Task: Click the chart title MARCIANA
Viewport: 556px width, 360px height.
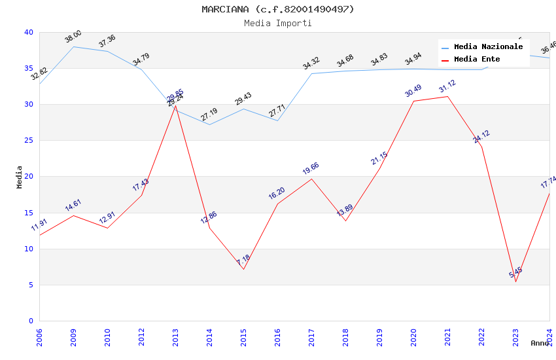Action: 278,9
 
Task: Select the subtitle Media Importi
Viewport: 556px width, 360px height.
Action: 278,23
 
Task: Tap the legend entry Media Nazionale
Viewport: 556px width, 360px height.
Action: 488,47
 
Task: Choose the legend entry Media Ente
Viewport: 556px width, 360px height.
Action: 477,60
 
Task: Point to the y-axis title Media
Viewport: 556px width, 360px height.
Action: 20,177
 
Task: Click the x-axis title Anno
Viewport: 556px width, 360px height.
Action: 540,343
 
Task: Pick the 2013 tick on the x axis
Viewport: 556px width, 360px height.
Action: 175,336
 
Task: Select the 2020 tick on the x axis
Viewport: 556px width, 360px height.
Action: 413,336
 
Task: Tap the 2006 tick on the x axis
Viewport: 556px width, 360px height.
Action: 39,336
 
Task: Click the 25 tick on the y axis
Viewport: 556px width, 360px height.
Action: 28,141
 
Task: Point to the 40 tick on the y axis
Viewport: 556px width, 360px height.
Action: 28,32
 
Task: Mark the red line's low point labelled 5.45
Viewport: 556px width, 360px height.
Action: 515,281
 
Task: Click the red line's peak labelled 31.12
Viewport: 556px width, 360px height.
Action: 447,96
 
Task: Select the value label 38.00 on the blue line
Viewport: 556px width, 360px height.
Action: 73,37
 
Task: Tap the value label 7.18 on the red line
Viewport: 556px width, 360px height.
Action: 243,259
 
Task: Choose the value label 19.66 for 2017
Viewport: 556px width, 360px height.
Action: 311,169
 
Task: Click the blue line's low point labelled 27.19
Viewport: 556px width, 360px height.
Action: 209,124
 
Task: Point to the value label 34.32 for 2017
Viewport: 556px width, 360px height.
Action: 311,63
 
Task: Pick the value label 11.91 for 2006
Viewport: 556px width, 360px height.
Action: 39,225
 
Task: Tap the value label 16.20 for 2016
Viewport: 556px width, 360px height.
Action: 277,194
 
